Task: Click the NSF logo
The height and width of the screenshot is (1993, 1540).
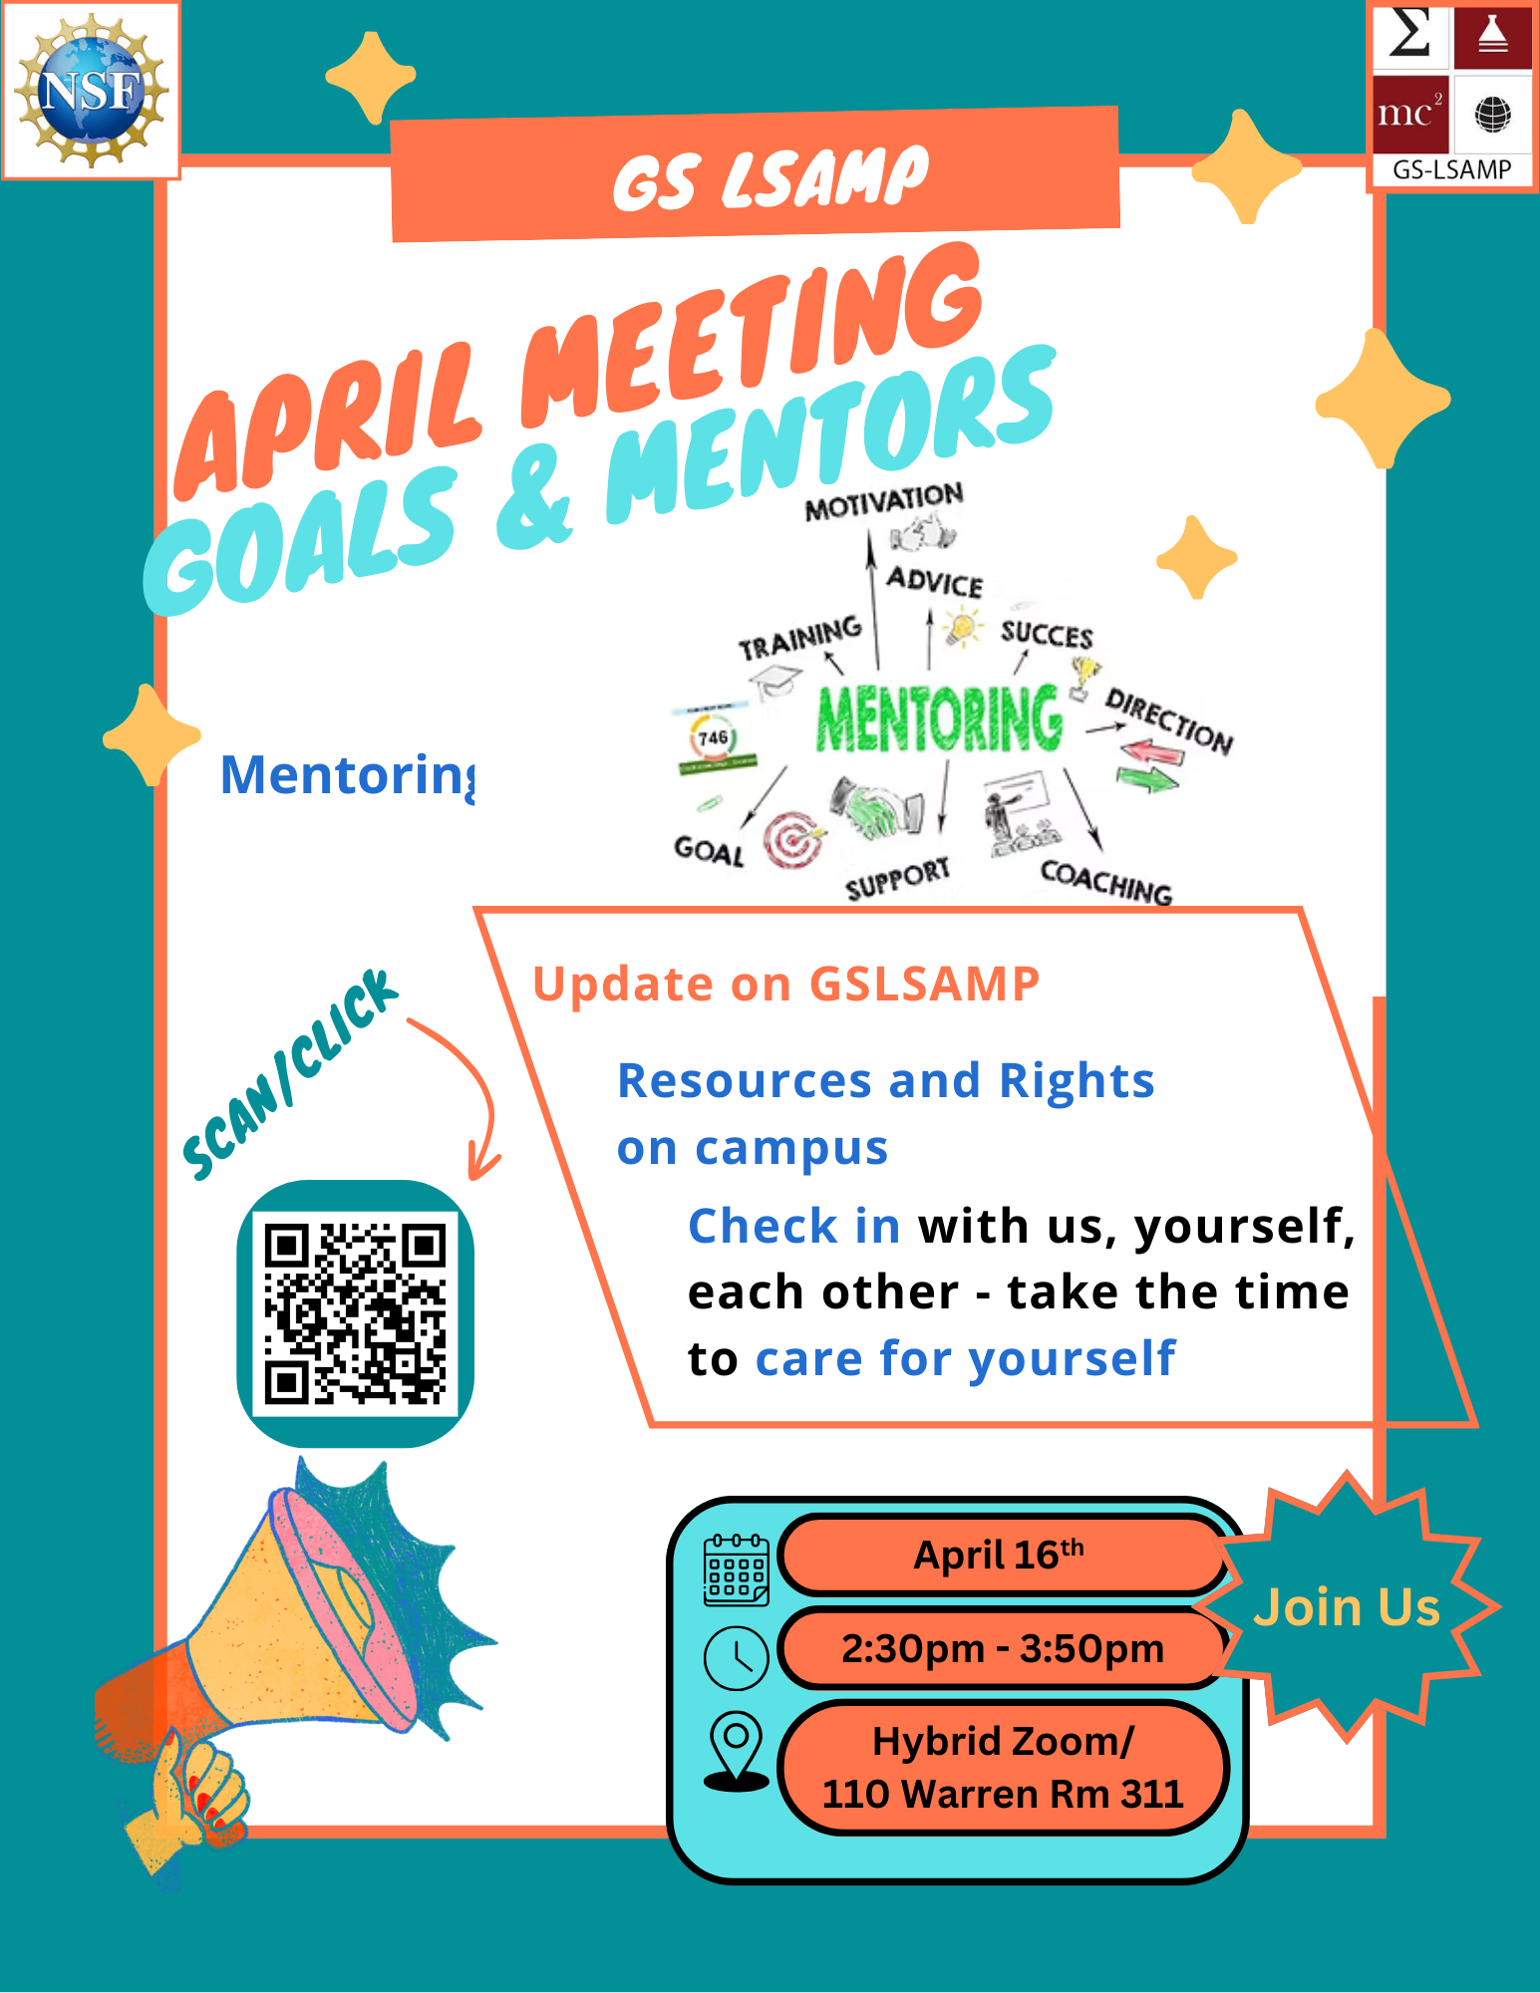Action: click(91, 90)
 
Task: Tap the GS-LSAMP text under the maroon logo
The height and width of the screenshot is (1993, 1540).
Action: click(1451, 169)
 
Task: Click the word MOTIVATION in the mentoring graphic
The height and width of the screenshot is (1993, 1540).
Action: click(884, 501)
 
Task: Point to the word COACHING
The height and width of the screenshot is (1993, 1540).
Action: click(1106, 881)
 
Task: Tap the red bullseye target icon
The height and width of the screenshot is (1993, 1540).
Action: click(793, 840)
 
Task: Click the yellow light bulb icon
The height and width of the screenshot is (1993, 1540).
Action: click(962, 628)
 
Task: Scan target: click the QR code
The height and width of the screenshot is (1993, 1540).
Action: click(355, 1313)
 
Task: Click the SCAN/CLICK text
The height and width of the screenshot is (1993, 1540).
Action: click(290, 1073)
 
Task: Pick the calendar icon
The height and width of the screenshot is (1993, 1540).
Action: click(736, 1569)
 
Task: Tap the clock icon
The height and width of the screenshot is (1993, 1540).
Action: click(736, 1657)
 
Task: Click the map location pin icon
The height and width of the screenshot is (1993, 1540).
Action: click(736, 1751)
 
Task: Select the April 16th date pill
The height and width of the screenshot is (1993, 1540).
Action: click(1002, 1555)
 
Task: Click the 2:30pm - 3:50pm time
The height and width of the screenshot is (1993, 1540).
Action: click(1002, 1648)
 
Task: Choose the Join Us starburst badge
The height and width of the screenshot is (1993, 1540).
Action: click(1347, 1606)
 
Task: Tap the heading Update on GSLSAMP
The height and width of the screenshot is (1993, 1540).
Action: click(785, 984)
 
